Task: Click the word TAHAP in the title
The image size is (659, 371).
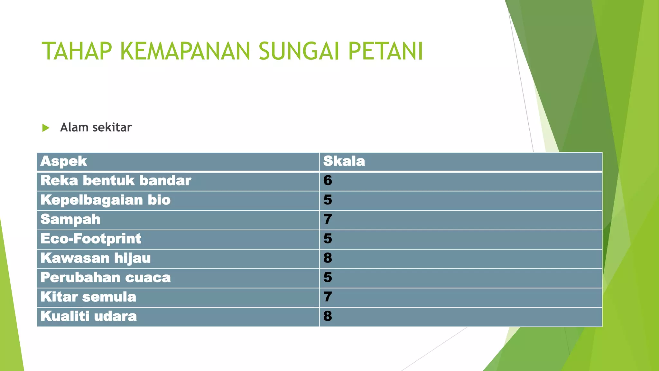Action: [x=77, y=51]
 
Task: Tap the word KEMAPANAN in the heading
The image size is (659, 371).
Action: [x=185, y=51]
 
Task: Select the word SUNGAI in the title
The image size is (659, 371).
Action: [x=299, y=51]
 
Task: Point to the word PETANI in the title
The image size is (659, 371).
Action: [x=385, y=51]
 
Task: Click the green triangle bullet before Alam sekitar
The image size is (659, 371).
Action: [x=46, y=128]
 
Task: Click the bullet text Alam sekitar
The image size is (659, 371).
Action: [x=96, y=128]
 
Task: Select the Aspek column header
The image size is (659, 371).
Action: [x=64, y=161]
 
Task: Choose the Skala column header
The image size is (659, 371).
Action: [x=344, y=161]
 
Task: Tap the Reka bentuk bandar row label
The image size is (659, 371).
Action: [x=116, y=181]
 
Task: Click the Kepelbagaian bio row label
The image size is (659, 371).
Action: [x=106, y=200]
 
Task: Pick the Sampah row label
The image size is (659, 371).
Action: [x=70, y=220]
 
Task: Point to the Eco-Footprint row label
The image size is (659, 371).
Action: [x=91, y=239]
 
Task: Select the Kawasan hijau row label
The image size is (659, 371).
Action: [x=96, y=258]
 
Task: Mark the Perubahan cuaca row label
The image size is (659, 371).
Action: [x=106, y=278]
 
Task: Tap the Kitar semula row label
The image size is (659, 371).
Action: [x=88, y=297]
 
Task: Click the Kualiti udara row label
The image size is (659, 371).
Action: [x=88, y=316]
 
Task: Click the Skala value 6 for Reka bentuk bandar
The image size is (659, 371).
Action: [x=328, y=181]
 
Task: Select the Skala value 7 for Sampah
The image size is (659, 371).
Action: [x=328, y=220]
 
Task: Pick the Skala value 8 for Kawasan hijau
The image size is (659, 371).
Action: [x=328, y=258]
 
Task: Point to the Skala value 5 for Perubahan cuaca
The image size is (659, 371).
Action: [x=328, y=278]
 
